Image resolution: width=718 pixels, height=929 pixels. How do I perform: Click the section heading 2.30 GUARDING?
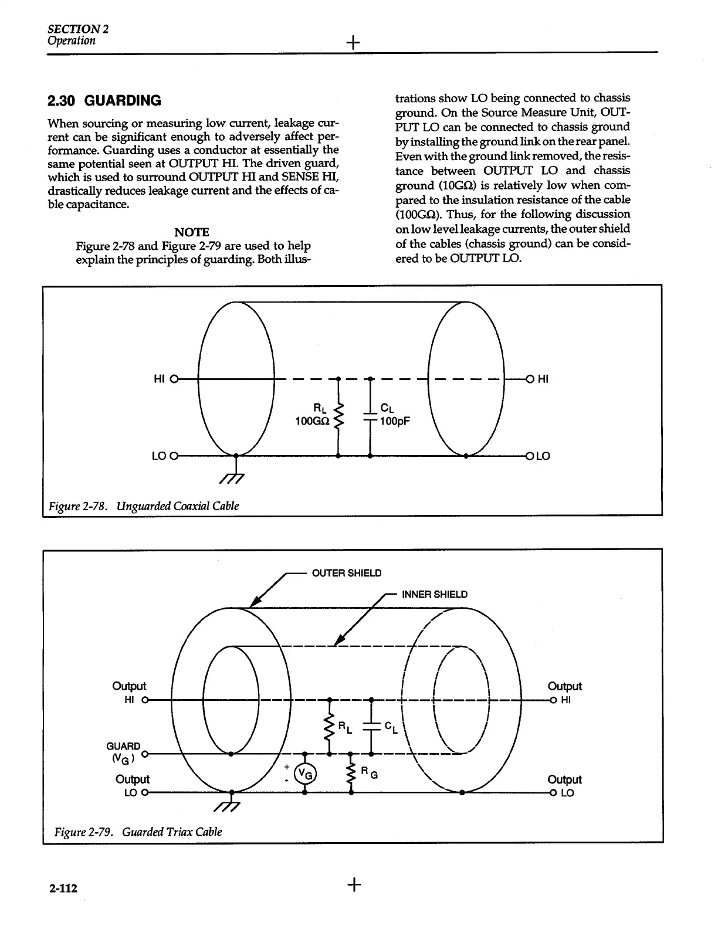coord(104,101)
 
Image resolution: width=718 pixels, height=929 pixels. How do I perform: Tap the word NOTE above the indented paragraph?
coord(191,232)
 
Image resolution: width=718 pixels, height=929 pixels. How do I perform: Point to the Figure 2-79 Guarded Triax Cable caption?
coord(138,831)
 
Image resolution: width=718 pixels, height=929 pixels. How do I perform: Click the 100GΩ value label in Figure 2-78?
coord(311,421)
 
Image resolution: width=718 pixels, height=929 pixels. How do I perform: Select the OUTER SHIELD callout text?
coord(346,573)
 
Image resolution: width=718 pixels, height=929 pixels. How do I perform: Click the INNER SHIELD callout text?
coord(435,594)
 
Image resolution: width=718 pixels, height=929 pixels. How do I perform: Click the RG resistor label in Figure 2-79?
coord(368,772)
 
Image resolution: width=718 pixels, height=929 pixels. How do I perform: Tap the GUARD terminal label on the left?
coord(123,746)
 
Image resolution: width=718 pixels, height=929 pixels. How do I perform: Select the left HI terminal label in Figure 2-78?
coord(158,379)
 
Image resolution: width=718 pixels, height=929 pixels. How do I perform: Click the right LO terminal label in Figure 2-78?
coord(542,456)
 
